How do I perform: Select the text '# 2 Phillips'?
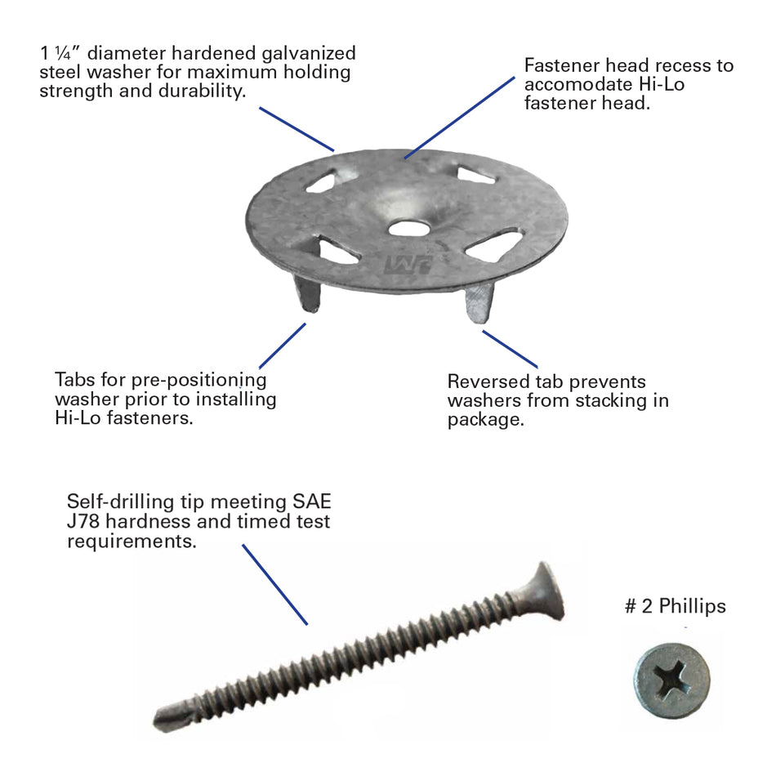pos(675,606)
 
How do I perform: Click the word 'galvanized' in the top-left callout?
pos(309,54)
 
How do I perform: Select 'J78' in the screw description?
pos(86,521)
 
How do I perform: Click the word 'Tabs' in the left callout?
pos(74,380)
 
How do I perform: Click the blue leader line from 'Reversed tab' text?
pos(510,349)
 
